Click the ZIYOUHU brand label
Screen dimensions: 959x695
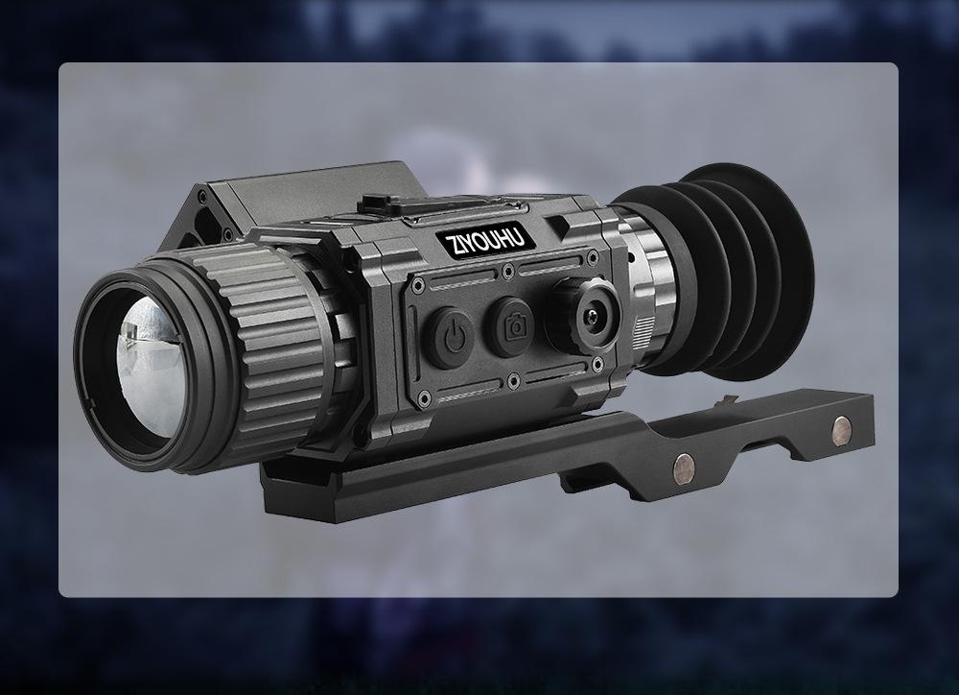coord(486,240)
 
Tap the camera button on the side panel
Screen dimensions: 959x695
coord(512,327)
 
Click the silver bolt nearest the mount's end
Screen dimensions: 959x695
coord(842,430)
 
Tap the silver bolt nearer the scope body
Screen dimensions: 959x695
coord(684,467)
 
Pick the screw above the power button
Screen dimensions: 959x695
coord(418,285)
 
